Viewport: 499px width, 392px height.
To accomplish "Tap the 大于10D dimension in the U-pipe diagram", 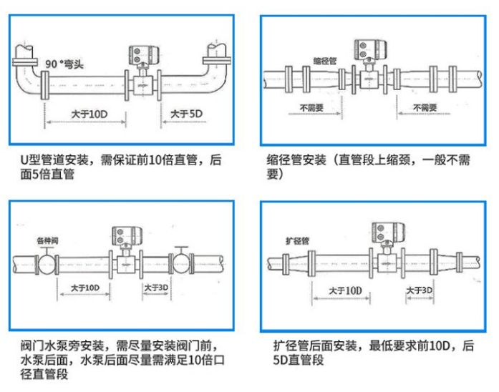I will point(90,114).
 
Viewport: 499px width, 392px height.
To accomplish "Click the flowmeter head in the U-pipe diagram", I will point(142,55).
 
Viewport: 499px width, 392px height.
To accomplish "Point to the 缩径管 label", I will point(324,62).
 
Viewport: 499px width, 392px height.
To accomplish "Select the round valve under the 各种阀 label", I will point(45,264).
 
